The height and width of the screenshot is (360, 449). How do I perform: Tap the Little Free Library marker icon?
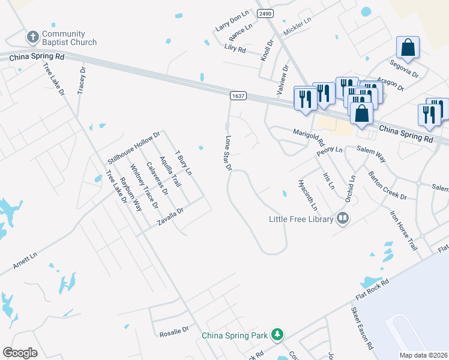click(343, 218)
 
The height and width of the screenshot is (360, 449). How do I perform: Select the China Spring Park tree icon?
click(277, 334)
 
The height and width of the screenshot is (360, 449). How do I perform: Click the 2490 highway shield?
click(264, 13)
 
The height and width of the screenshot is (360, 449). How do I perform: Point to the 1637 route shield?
click(238, 95)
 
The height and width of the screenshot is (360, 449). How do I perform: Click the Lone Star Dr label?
click(228, 153)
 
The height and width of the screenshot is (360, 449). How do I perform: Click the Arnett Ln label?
click(25, 260)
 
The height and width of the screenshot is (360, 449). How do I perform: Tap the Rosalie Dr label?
click(174, 331)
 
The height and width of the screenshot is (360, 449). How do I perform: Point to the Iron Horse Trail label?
click(403, 230)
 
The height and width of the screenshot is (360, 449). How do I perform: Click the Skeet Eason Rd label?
click(362, 329)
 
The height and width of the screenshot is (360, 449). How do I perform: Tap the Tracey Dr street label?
click(82, 80)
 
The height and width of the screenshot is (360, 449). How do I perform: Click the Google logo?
click(20, 353)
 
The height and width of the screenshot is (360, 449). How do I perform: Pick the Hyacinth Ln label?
click(309, 194)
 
